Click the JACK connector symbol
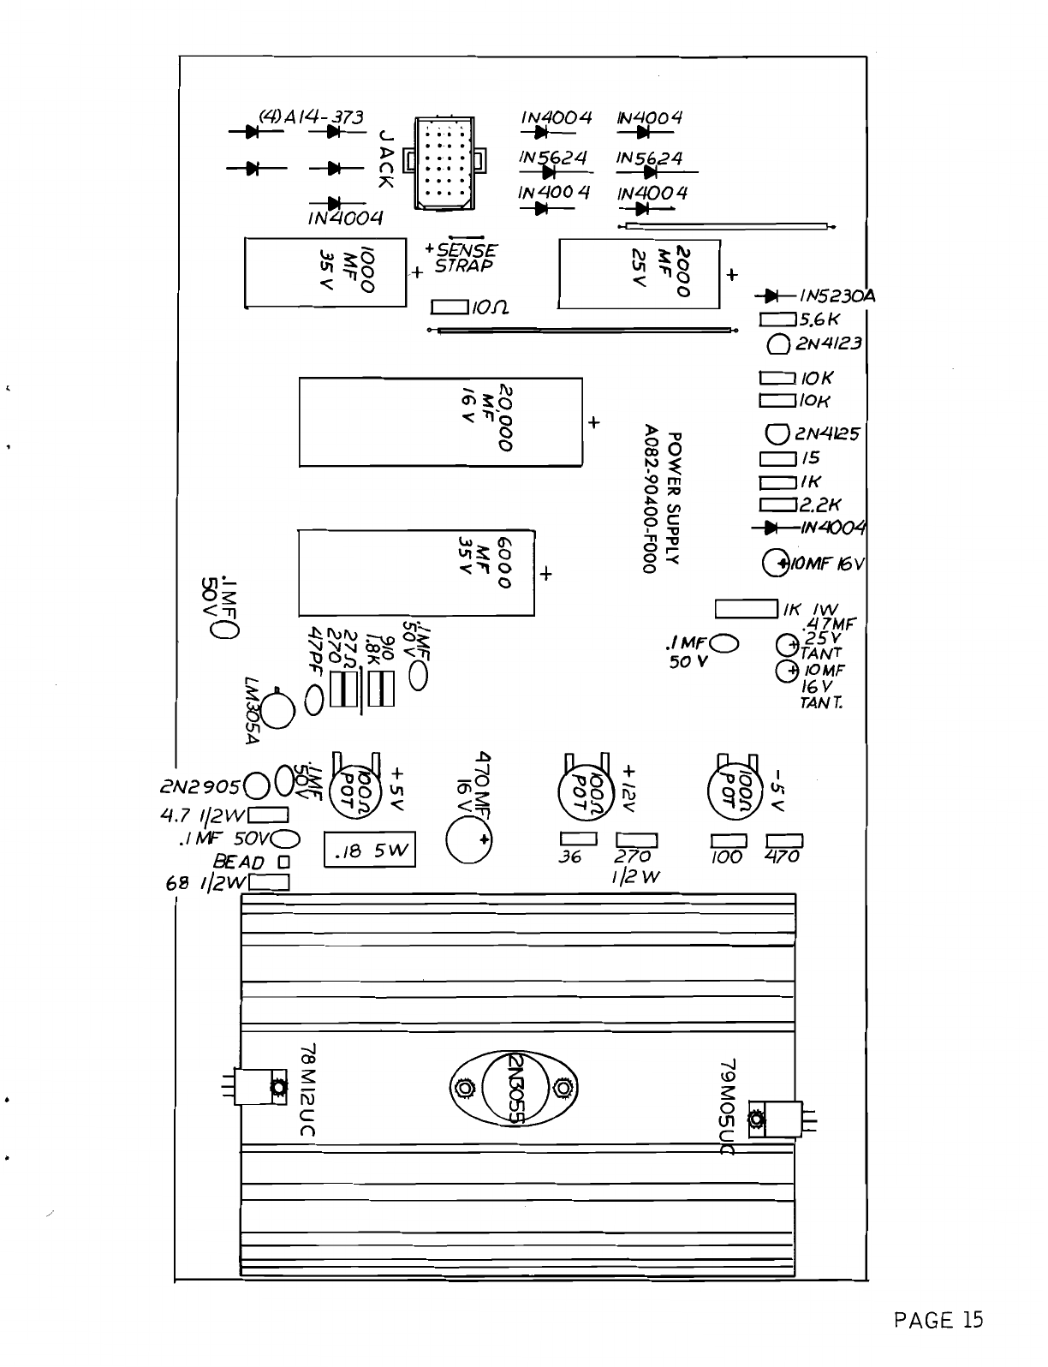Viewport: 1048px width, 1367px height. tap(443, 162)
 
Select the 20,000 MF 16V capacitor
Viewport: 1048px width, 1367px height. tap(440, 421)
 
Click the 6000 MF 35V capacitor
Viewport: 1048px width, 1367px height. tap(416, 572)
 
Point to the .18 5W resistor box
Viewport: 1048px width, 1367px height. tap(370, 851)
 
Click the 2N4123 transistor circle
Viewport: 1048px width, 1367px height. tap(777, 345)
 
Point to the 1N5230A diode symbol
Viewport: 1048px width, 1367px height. tap(772, 296)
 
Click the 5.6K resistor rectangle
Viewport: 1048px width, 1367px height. tap(778, 319)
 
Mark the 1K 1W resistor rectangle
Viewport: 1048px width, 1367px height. tap(746, 608)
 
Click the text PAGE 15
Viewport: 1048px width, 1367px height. tap(938, 1320)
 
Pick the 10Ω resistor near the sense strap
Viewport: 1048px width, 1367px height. tap(450, 307)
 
